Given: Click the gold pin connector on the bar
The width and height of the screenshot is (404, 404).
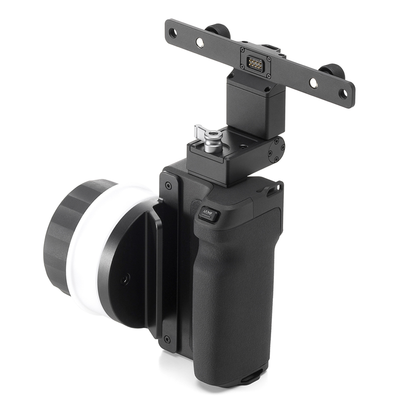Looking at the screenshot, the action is point(255,62).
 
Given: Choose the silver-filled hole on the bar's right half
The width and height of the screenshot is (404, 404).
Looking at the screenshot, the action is point(314,82).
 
